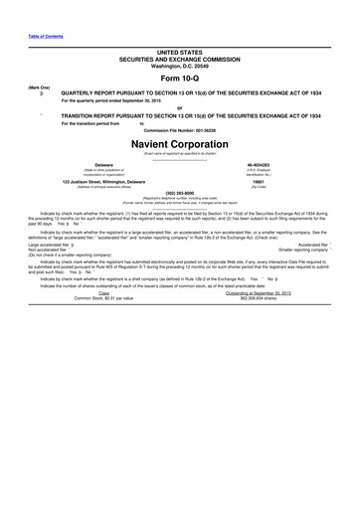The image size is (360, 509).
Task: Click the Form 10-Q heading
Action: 179,79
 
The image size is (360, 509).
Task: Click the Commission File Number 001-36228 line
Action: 180,129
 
